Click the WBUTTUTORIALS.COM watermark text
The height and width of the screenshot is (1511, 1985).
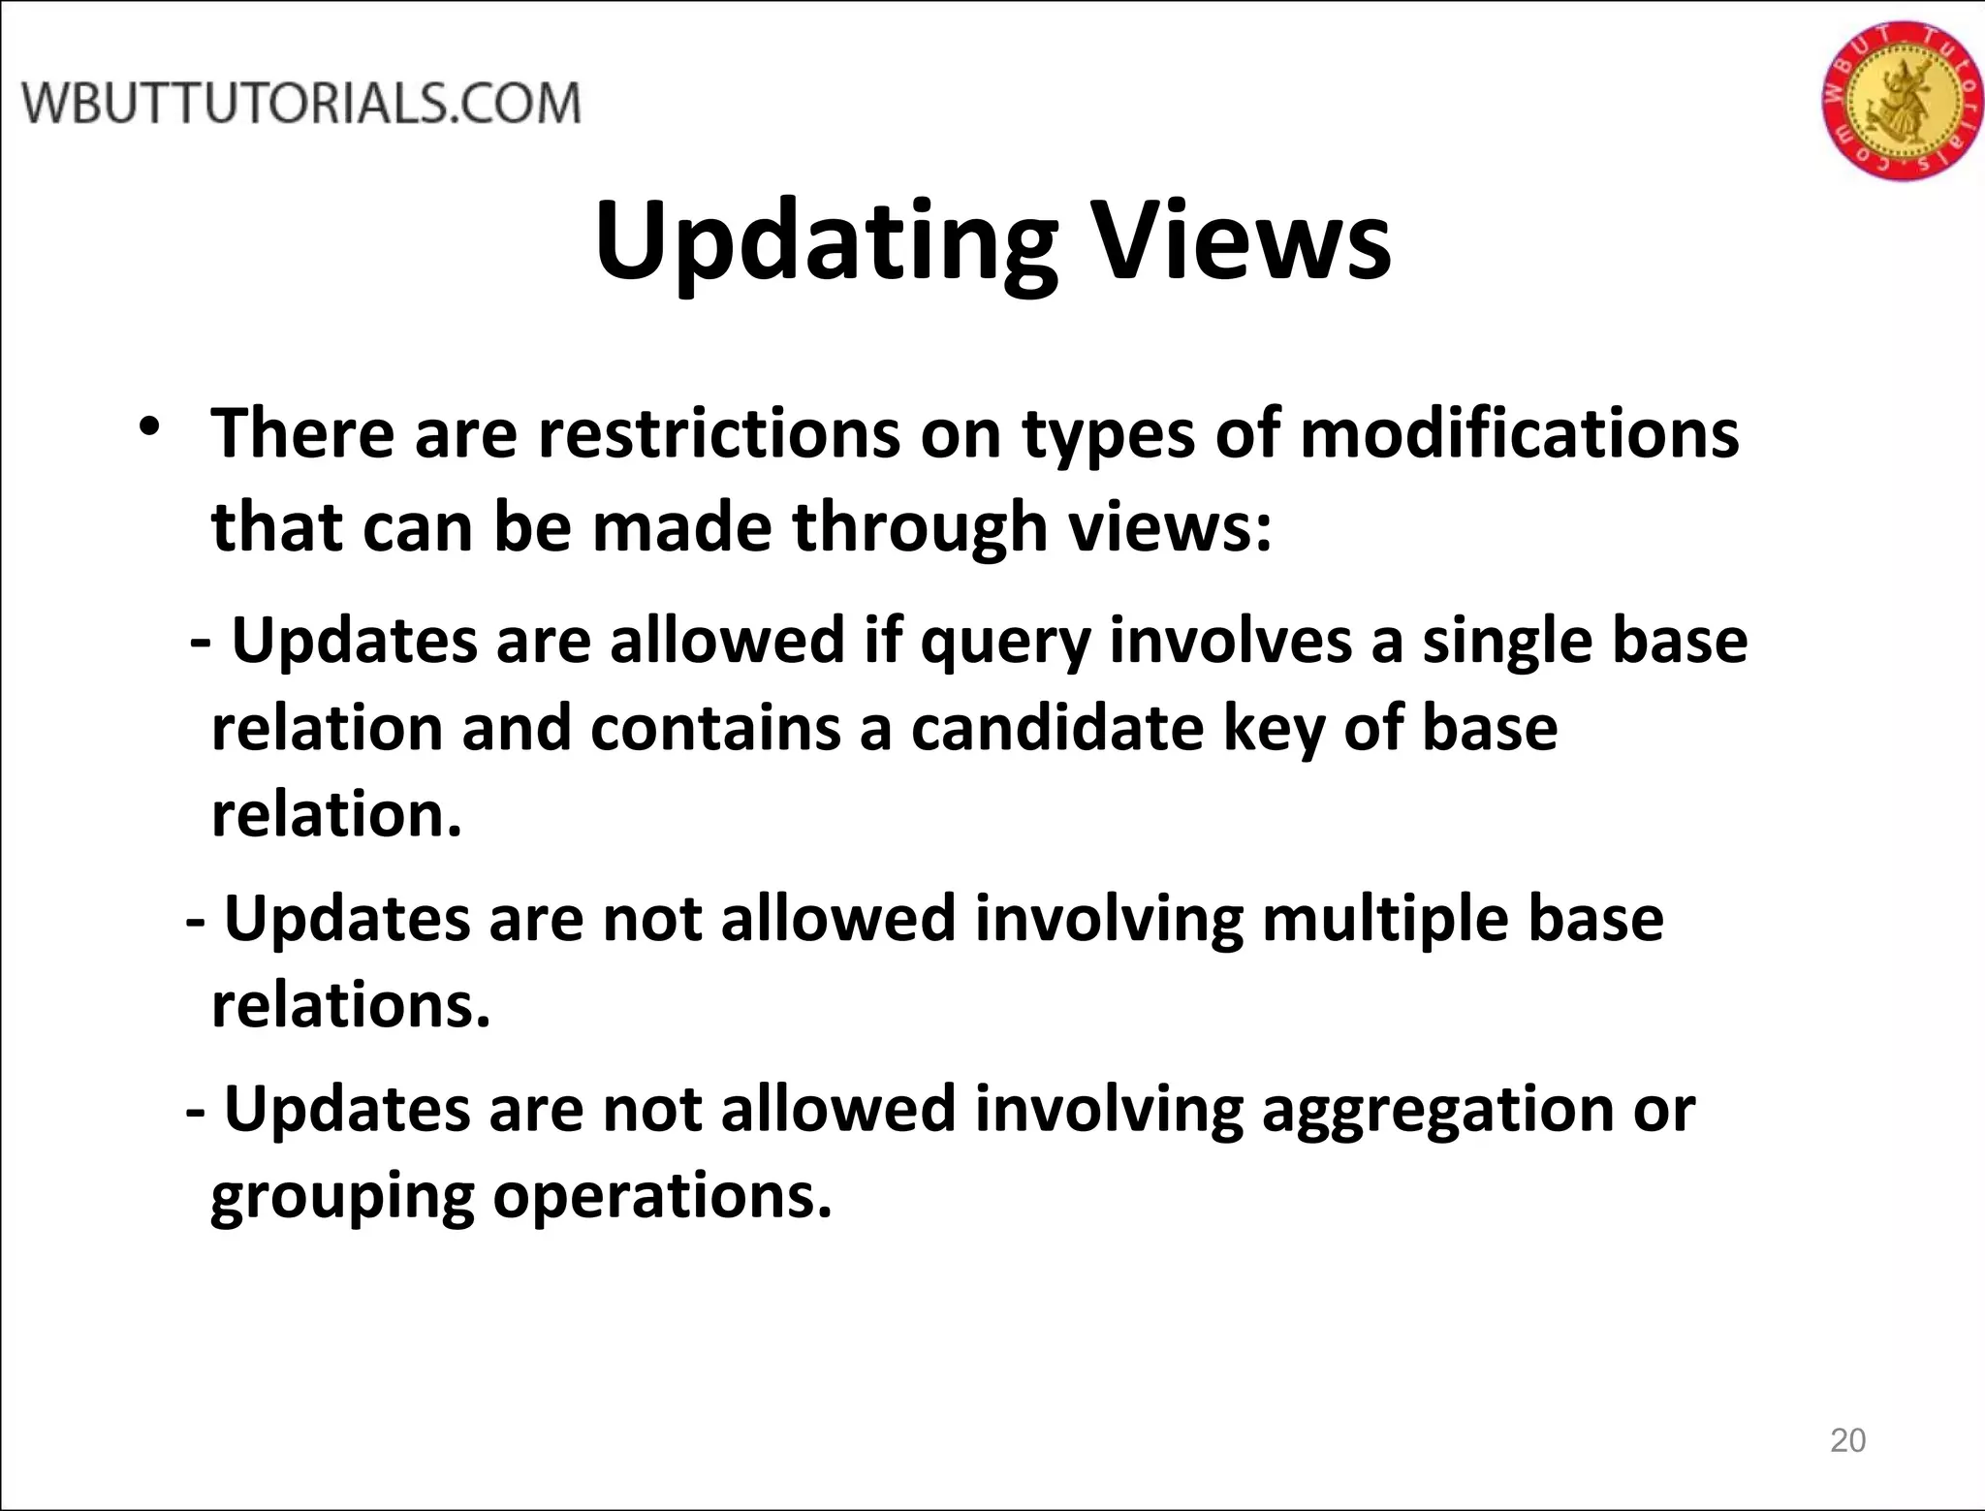point(301,104)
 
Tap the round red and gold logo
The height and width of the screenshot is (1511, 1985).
point(1901,101)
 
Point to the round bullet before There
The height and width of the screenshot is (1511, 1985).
point(148,427)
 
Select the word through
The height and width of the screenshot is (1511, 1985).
point(920,527)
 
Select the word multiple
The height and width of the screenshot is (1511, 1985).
point(1385,918)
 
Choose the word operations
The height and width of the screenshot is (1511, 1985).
point(662,1197)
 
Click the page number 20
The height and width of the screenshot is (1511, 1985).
point(1847,1440)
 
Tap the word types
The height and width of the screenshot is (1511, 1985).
point(1108,435)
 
